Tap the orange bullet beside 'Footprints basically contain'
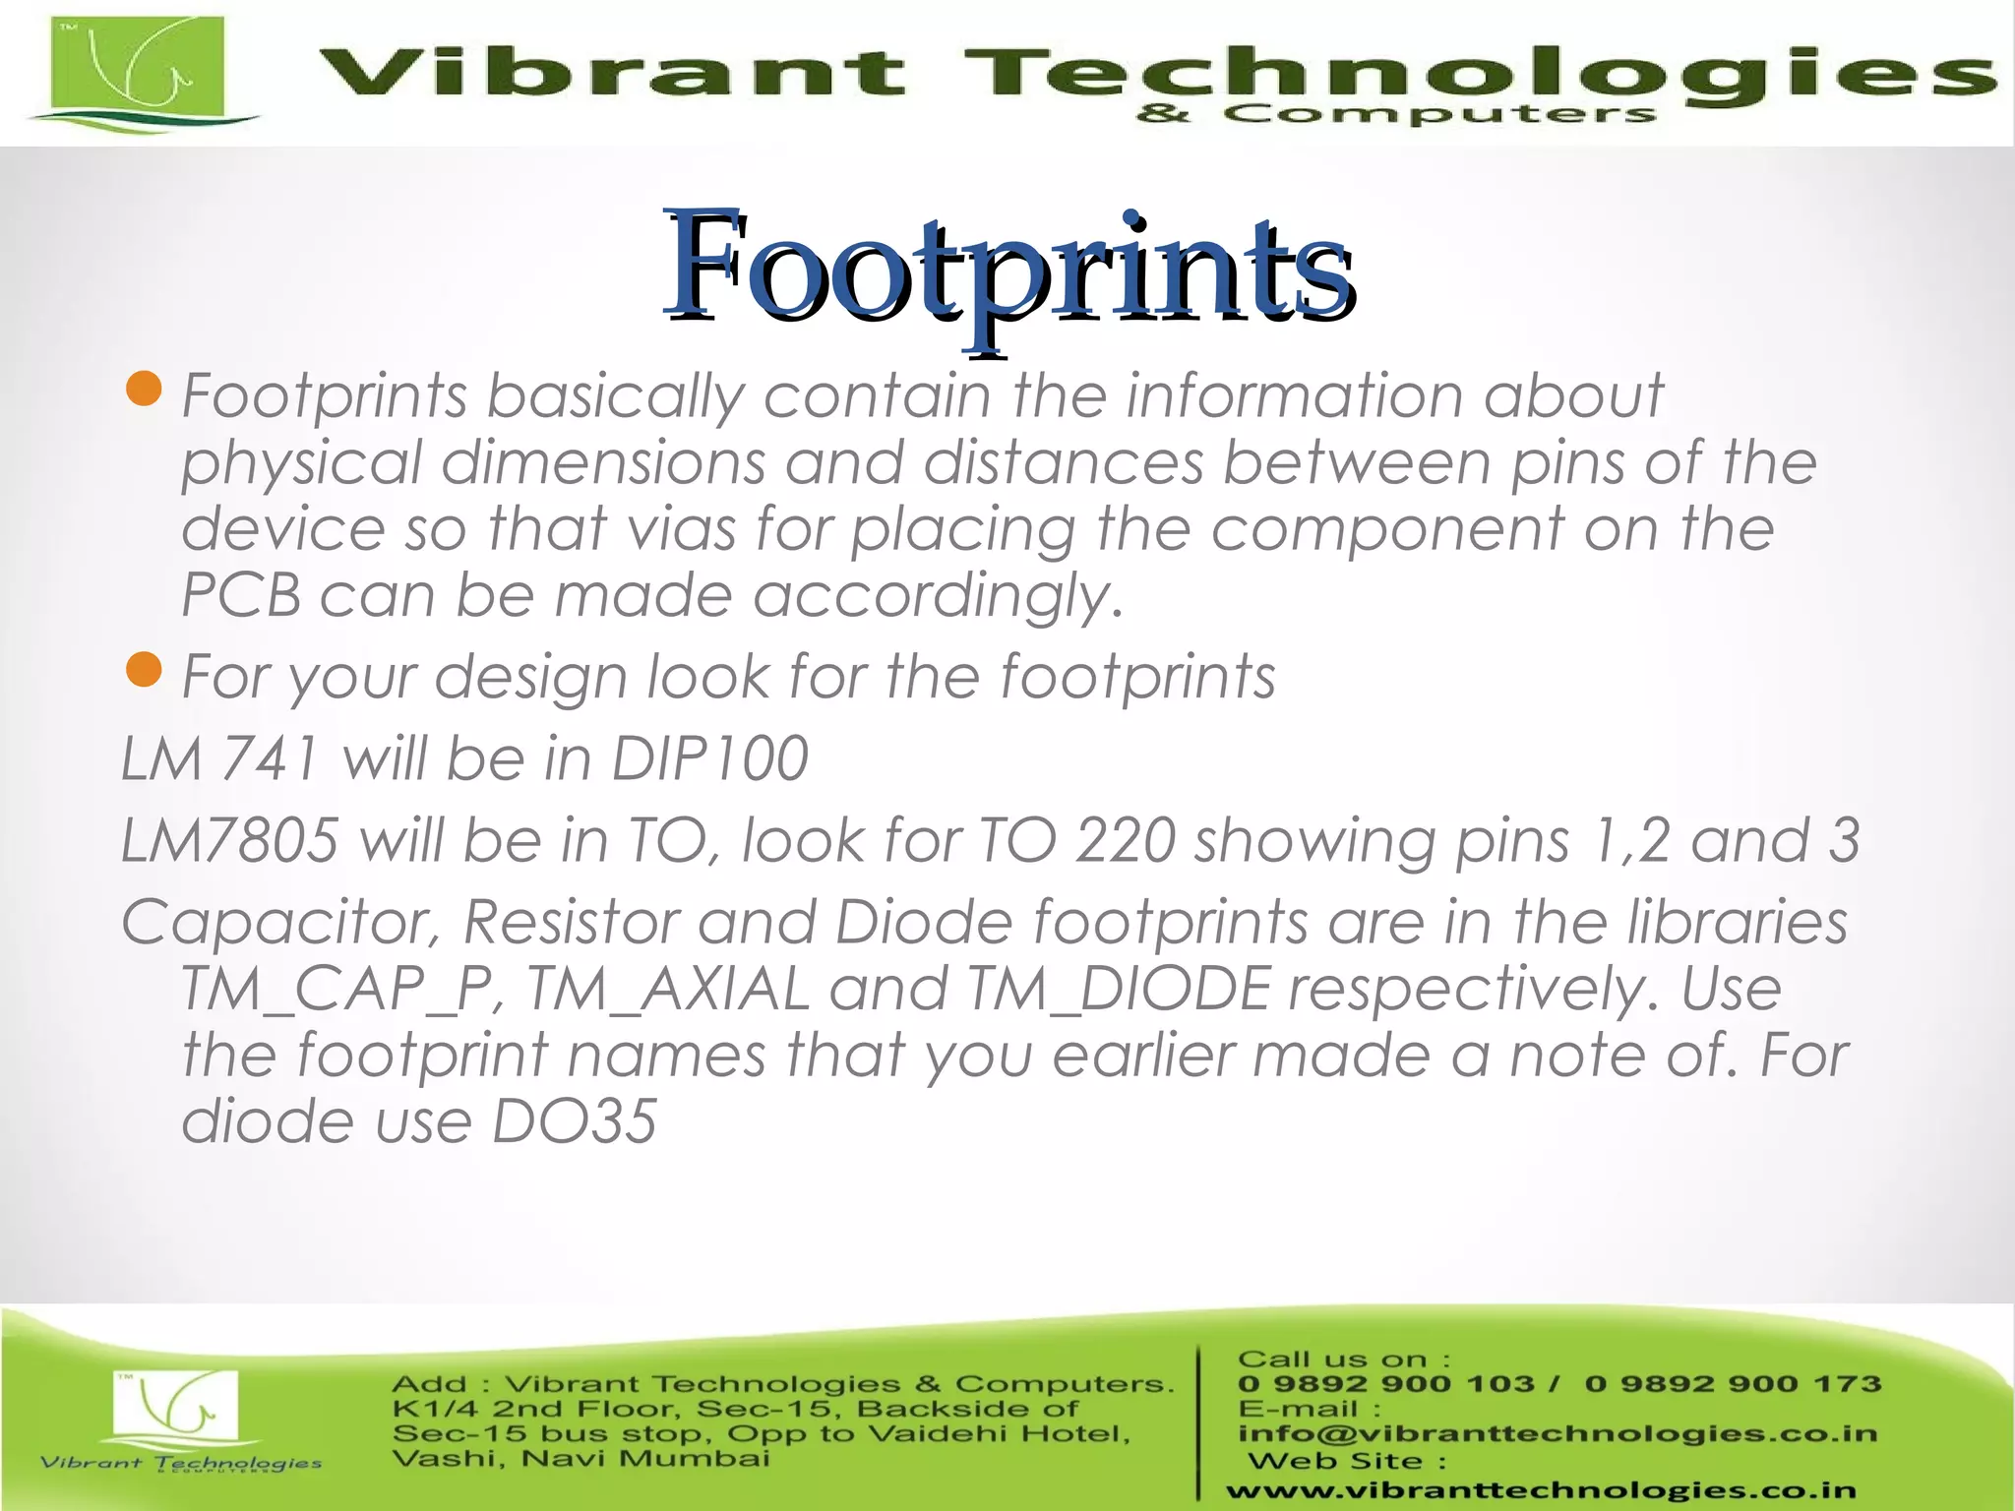(144, 389)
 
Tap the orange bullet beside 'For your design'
(144, 670)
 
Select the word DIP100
(709, 758)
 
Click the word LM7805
(229, 840)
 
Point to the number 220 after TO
(1126, 840)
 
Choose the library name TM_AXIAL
(668, 989)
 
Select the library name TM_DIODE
(1119, 989)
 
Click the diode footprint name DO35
(574, 1120)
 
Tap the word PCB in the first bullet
(241, 596)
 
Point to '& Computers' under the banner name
(1395, 115)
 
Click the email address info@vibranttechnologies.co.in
(1557, 1433)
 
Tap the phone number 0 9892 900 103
(1385, 1384)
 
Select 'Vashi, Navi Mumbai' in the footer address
(580, 1458)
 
